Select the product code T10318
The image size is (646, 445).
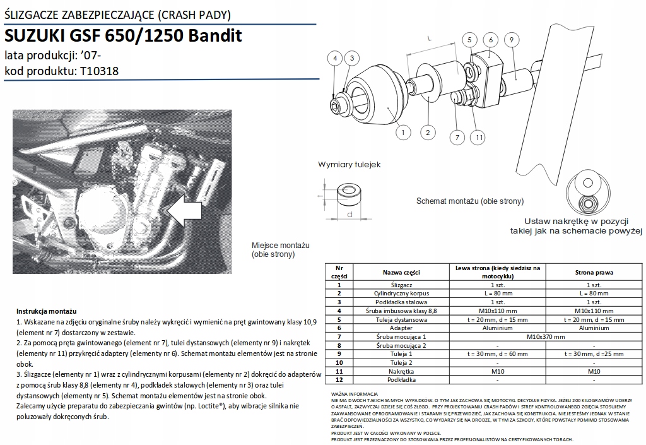[100, 71]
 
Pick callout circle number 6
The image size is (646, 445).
[490, 40]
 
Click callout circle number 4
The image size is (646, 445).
[336, 58]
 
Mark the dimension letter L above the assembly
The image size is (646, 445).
[429, 39]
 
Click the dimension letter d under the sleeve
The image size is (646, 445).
[349, 215]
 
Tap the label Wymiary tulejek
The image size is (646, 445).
[349, 165]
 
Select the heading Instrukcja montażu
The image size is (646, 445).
[47, 312]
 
